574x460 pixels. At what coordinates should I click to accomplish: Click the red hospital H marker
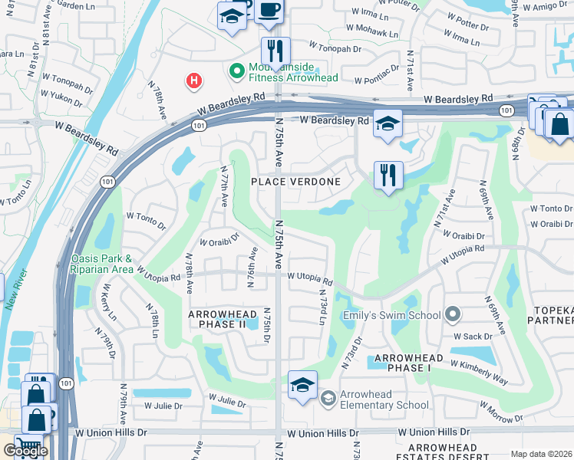point(194,80)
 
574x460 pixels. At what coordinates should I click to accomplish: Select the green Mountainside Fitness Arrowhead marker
point(237,72)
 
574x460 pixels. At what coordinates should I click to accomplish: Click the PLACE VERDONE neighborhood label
point(296,181)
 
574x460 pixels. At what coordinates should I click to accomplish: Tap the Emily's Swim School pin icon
point(452,314)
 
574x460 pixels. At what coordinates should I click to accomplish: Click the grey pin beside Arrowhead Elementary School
point(328,397)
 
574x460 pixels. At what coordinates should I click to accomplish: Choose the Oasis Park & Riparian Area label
point(103,264)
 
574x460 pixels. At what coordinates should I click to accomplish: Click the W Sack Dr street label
point(473,336)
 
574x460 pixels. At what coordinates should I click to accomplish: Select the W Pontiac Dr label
point(375,75)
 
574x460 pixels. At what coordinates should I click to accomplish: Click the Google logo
point(25,451)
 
